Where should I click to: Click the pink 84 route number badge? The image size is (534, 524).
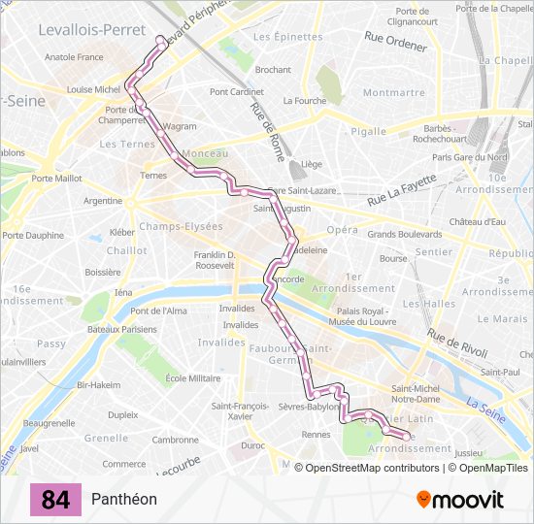[x=55, y=500]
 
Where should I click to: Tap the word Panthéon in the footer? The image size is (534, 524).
[x=124, y=500]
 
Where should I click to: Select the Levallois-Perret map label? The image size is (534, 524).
[x=92, y=30]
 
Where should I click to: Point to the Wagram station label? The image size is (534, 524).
[x=180, y=126]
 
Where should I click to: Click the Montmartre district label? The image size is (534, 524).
[x=393, y=93]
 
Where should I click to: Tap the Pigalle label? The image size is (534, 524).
[x=368, y=131]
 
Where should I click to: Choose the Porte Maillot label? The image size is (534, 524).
[x=56, y=178]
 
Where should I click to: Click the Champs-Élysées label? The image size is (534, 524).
[x=181, y=226]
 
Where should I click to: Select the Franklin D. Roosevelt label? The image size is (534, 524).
[x=215, y=259]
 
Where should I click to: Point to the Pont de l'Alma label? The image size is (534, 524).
[x=159, y=311]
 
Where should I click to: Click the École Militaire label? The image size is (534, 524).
[x=193, y=378]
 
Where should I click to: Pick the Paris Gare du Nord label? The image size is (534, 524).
[x=471, y=157]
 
